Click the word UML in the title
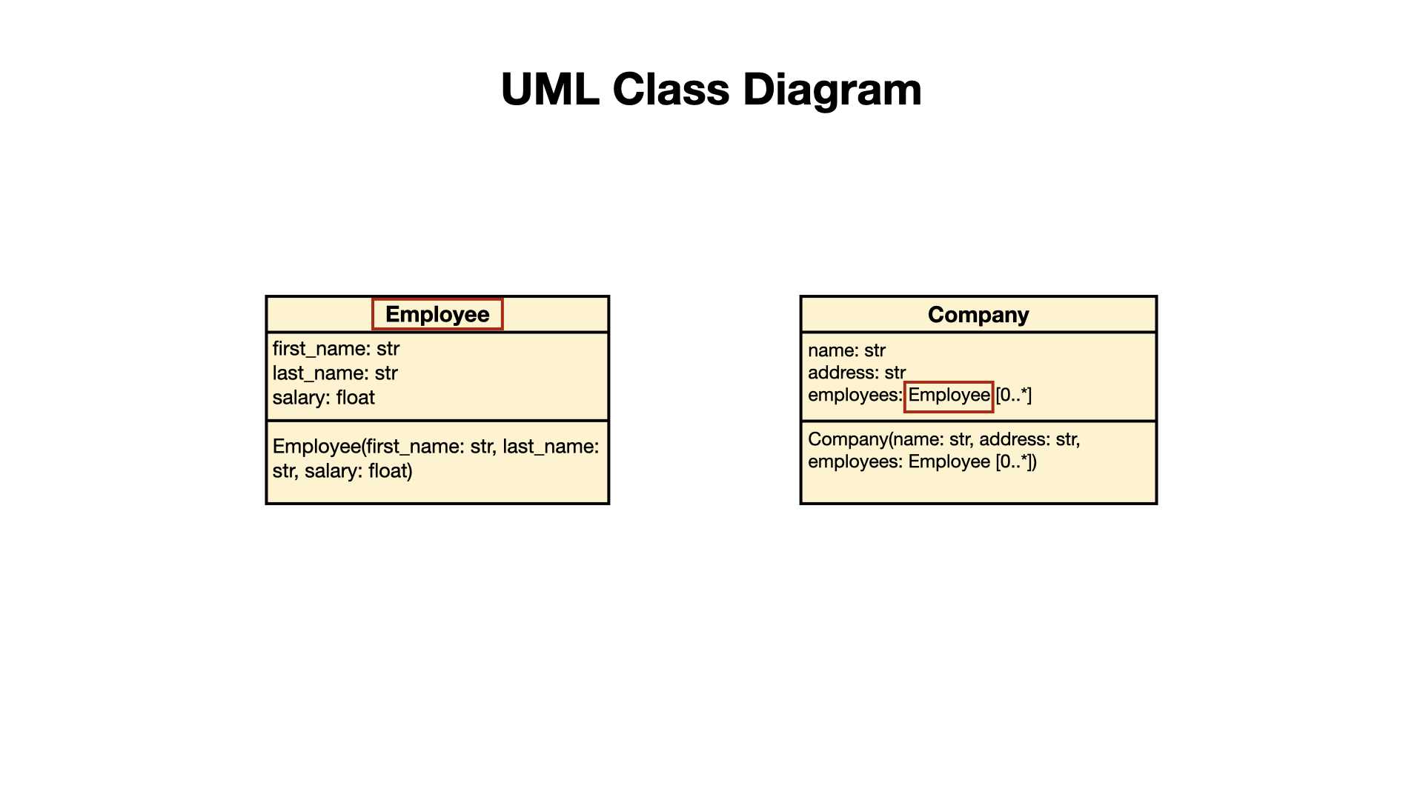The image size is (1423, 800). pyautogui.click(x=550, y=90)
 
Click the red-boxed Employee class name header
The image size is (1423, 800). pyautogui.click(x=437, y=314)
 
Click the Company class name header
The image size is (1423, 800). pyautogui.click(x=978, y=315)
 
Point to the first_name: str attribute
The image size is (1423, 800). pyautogui.click(x=336, y=349)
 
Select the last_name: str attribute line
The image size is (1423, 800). pyautogui.click(x=335, y=373)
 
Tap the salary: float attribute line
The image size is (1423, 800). pyautogui.click(x=323, y=398)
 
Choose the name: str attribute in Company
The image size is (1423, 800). pyautogui.click(x=846, y=350)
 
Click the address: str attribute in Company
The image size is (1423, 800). pyautogui.click(x=857, y=373)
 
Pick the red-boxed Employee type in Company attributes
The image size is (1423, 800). pyautogui.click(x=949, y=396)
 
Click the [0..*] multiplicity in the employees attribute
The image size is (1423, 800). pyautogui.click(x=1013, y=396)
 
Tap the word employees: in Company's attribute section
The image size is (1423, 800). pyautogui.click(x=855, y=396)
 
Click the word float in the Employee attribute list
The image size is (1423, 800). pyautogui.click(x=355, y=398)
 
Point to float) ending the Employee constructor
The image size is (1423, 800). pyautogui.click(x=391, y=471)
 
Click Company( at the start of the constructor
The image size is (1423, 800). pyautogui.click(x=849, y=440)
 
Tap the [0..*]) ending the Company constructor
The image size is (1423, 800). pyautogui.click(x=1016, y=462)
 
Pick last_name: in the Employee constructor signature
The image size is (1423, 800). pyautogui.click(x=551, y=447)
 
